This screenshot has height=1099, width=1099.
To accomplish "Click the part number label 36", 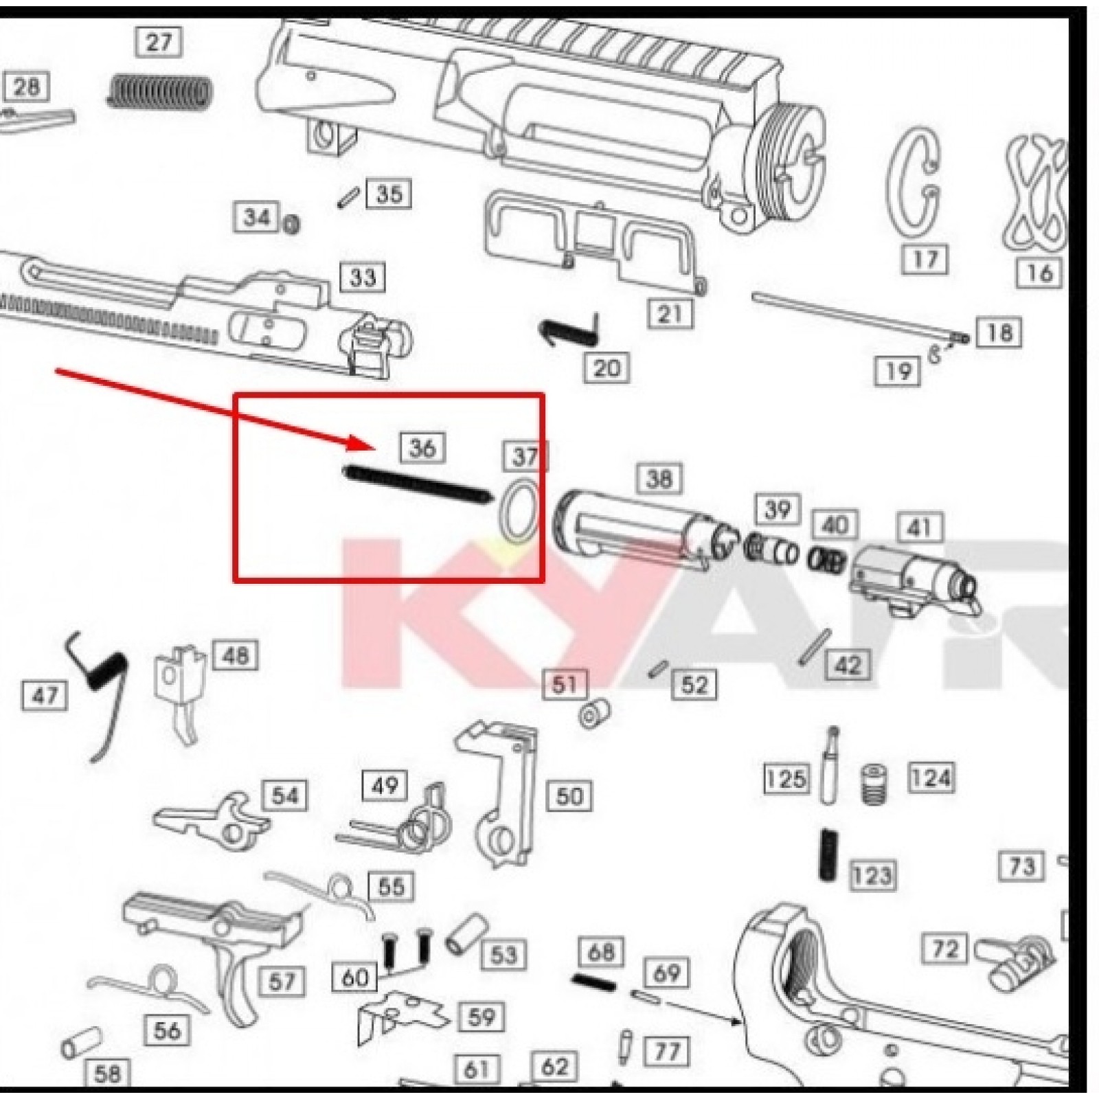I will click(422, 448).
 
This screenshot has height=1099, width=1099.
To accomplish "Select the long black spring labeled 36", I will click(416, 484).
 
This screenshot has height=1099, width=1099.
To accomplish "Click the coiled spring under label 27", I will click(159, 92).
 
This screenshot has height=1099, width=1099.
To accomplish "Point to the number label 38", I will click(659, 478).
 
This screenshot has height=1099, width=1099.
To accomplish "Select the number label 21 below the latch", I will click(670, 314).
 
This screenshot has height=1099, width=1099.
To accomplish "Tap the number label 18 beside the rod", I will click(999, 332).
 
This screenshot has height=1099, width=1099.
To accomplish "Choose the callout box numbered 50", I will click(569, 796).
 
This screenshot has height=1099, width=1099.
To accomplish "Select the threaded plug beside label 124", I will click(873, 784).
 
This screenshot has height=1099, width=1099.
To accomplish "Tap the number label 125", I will click(786, 779).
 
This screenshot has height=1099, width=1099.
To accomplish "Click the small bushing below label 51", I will click(593, 714).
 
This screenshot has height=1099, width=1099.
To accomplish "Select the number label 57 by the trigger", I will click(281, 982).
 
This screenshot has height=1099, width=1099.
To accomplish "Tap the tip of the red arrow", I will click(375, 448).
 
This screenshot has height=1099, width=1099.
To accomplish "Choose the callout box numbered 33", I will click(363, 277).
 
